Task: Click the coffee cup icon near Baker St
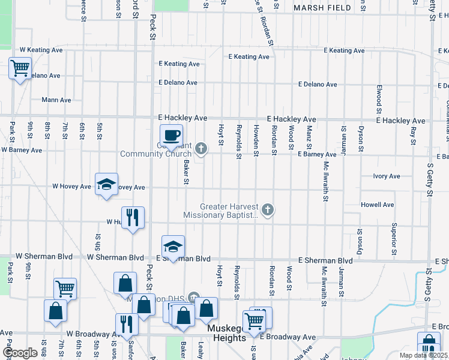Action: coord(171,136)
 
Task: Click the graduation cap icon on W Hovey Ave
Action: coord(106,185)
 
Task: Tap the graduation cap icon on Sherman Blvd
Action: coord(172,247)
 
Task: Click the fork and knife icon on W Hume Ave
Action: coord(133,218)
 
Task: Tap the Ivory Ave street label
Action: coord(386,176)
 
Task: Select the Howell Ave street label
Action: coord(377,205)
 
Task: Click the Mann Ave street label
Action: coord(56,100)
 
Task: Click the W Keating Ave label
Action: coord(41,50)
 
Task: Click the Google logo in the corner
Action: coord(20,353)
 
